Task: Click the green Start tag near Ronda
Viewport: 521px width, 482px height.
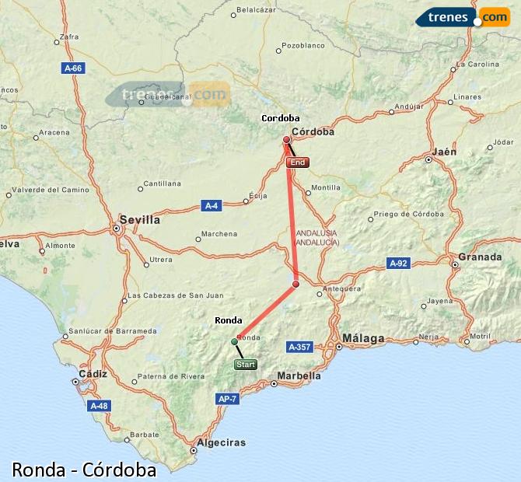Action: [x=245, y=364]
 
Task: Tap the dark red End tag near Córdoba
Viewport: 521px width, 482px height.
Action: [x=297, y=162]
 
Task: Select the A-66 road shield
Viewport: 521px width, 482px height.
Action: [x=72, y=68]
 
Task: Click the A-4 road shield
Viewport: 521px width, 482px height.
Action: [x=212, y=205]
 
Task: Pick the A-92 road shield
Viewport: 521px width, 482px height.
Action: [x=398, y=264]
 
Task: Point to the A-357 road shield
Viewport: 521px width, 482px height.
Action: [x=300, y=347]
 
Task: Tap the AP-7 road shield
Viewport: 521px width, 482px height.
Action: [x=227, y=399]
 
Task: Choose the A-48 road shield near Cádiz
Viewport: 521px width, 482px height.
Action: [x=99, y=406]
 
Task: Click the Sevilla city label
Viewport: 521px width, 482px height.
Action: [x=140, y=220]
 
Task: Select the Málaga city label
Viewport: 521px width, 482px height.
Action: [x=363, y=339]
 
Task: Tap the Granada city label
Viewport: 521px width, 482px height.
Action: [x=480, y=257]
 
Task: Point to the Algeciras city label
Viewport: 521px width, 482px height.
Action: [x=222, y=442]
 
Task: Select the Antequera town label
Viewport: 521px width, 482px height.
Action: [x=343, y=288]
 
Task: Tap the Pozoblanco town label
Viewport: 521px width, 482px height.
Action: [x=303, y=46]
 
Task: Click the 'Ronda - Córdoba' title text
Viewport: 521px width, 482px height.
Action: [x=84, y=470]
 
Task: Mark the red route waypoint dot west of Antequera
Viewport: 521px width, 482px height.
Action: [x=295, y=285]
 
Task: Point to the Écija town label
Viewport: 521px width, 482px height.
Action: [x=258, y=196]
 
